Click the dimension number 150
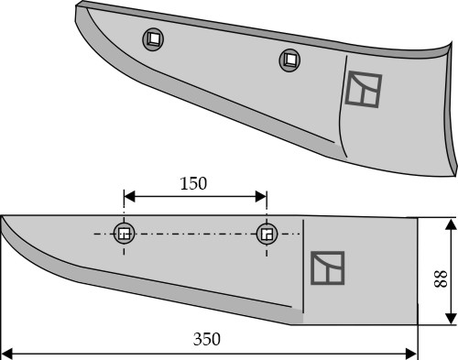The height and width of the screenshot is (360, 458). click(193, 183)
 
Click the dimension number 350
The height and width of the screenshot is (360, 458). click(207, 339)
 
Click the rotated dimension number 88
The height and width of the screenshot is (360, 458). click(441, 278)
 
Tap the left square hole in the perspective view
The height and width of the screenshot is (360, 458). click(153, 39)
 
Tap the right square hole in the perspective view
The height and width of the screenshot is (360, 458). click(289, 60)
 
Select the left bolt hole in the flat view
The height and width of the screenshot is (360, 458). click(124, 234)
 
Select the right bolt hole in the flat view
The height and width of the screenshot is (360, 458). click(267, 234)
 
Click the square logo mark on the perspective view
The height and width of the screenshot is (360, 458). click(364, 89)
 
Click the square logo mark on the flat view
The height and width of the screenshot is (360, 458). click(328, 268)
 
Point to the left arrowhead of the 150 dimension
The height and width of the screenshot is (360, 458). click(129, 197)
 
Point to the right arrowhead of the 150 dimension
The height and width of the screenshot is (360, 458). click(261, 197)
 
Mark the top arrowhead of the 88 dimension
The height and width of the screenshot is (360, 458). click(451, 224)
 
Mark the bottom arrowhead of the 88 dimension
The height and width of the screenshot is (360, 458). click(451, 319)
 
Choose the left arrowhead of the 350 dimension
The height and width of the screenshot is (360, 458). click(6, 354)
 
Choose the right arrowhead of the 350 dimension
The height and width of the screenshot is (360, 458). click(411, 354)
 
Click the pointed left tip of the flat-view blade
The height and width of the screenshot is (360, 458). click(2, 217)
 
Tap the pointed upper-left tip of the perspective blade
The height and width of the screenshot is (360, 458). click(78, 5)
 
